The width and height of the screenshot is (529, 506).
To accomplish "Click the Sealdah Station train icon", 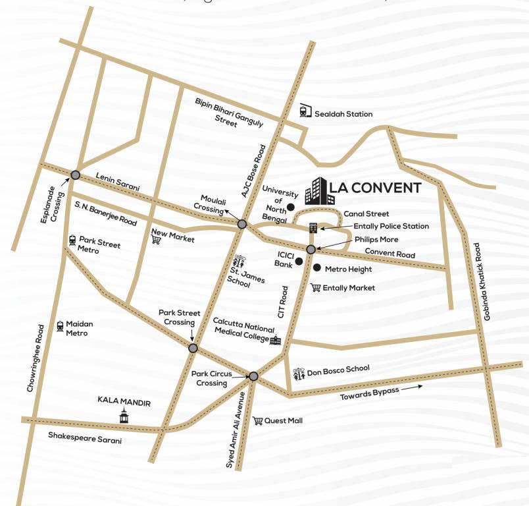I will click(305, 111).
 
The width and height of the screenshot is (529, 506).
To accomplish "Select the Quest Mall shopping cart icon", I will click(258, 420).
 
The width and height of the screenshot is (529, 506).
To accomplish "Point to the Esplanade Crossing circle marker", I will click(76, 175).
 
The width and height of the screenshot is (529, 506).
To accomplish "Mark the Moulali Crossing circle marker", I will click(241, 224).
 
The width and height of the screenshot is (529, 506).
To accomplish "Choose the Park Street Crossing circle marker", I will click(193, 348).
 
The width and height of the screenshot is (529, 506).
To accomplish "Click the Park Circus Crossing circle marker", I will click(253, 376).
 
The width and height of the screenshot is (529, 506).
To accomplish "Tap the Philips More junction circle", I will click(311, 249).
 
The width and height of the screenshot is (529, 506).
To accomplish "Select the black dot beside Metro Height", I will click(317, 268).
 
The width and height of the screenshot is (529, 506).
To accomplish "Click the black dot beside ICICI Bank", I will click(299, 262).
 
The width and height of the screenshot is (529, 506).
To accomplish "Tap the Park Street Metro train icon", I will click(72, 241).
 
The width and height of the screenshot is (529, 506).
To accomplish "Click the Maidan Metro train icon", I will click(60, 325).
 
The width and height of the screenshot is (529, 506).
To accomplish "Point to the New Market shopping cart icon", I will click(156, 240).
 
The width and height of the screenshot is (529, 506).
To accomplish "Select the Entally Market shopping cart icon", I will click(316, 287).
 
